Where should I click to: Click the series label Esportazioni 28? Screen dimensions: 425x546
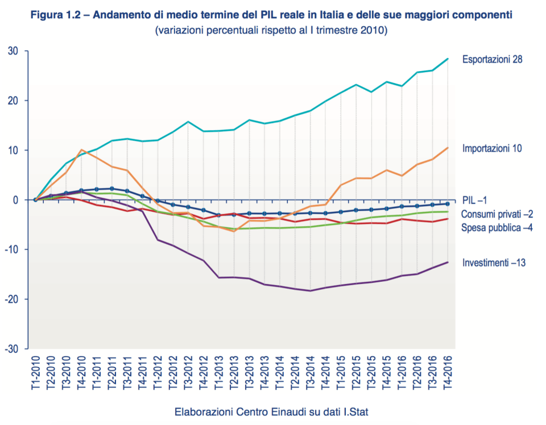(x=492, y=59)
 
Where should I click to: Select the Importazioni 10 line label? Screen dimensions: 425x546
(x=492, y=148)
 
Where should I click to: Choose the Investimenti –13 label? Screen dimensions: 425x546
(x=494, y=262)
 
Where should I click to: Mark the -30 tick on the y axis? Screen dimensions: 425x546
(x=13, y=348)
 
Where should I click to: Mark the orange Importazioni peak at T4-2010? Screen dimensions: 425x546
(x=82, y=150)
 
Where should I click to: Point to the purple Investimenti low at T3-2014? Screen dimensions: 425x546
(x=311, y=291)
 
